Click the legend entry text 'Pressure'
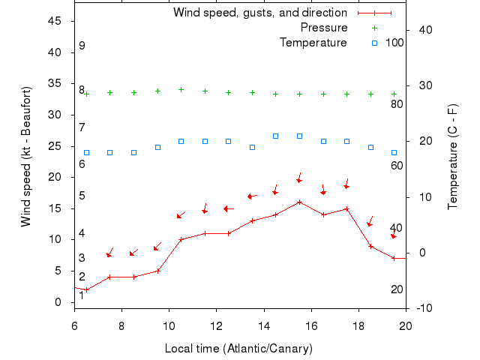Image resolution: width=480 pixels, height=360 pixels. coord(324,28)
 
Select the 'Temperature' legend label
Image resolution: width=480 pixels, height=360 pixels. coord(313,43)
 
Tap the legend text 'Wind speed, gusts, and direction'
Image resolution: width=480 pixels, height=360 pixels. coord(260,13)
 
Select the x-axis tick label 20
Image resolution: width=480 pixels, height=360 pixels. coord(406,325)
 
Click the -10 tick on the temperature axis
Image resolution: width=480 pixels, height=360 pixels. coord(424,308)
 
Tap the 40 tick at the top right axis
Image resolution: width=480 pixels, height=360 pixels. coord(424,29)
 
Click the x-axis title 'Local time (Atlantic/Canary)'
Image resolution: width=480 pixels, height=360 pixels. coord(239,349)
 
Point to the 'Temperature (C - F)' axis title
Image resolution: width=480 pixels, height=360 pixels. coord(453,157)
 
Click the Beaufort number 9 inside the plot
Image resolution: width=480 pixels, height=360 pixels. coord(82,46)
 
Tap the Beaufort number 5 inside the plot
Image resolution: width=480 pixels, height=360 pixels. coord(82,196)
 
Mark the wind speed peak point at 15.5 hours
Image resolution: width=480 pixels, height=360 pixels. coord(299,202)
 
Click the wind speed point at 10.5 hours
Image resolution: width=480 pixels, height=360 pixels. coord(181,239)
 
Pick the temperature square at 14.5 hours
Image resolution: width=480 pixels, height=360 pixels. coord(276,136)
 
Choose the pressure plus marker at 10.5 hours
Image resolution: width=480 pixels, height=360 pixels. coord(181,89)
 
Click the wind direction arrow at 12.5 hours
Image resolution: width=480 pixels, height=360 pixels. coord(228,208)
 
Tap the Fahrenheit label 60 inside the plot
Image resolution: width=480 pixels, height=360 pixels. coord(397,165)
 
